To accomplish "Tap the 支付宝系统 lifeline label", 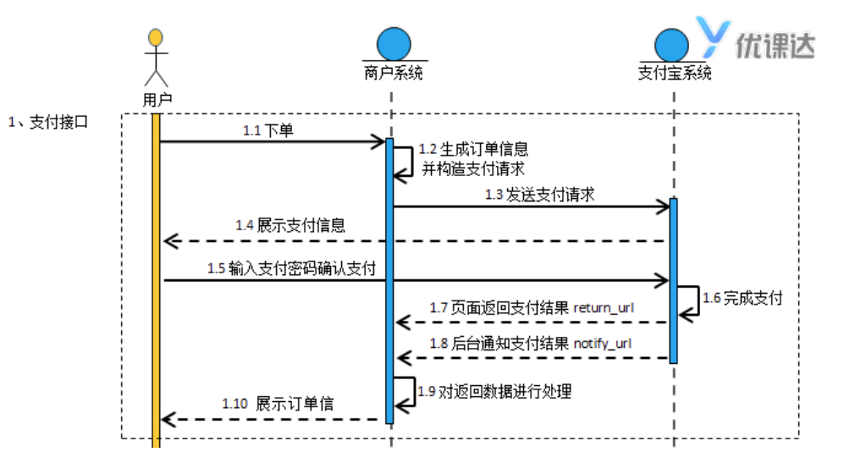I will pyautogui.click(x=674, y=73).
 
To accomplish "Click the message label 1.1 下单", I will pyautogui.click(x=268, y=130).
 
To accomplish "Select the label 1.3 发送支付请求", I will pyautogui.click(x=540, y=195).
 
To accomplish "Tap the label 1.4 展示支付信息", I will pyautogui.click(x=290, y=226).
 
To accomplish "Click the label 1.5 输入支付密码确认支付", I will pyautogui.click(x=291, y=268).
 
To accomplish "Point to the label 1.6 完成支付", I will pyautogui.click(x=742, y=298).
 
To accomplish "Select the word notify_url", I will pyautogui.click(x=603, y=344).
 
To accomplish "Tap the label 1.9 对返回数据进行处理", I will pyautogui.click(x=494, y=391).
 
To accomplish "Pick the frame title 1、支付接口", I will pyautogui.click(x=48, y=122).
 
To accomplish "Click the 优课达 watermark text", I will pyautogui.click(x=774, y=45).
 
